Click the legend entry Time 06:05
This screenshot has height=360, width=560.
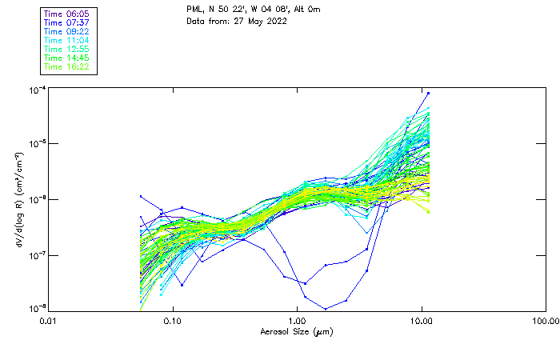pyautogui.click(x=67, y=14)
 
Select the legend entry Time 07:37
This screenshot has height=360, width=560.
pyautogui.click(x=67, y=22)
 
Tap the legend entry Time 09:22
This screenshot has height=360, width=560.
pyautogui.click(x=67, y=31)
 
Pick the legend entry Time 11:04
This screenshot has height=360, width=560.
pyautogui.click(x=67, y=40)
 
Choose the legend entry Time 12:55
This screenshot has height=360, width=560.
pyautogui.click(x=67, y=49)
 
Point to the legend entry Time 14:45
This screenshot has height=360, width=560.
pyautogui.click(x=67, y=58)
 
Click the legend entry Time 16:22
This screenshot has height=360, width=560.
pyautogui.click(x=67, y=66)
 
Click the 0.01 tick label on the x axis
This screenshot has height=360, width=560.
pyautogui.click(x=49, y=320)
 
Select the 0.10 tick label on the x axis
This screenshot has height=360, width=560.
pyautogui.click(x=173, y=320)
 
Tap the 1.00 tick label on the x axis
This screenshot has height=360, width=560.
pyautogui.click(x=298, y=320)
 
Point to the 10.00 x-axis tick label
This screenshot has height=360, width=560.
pyautogui.click(x=422, y=320)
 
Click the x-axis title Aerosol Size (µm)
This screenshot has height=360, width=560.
pyautogui.click(x=297, y=331)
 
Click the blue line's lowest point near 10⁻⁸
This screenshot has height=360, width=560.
pyautogui.click(x=326, y=308)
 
